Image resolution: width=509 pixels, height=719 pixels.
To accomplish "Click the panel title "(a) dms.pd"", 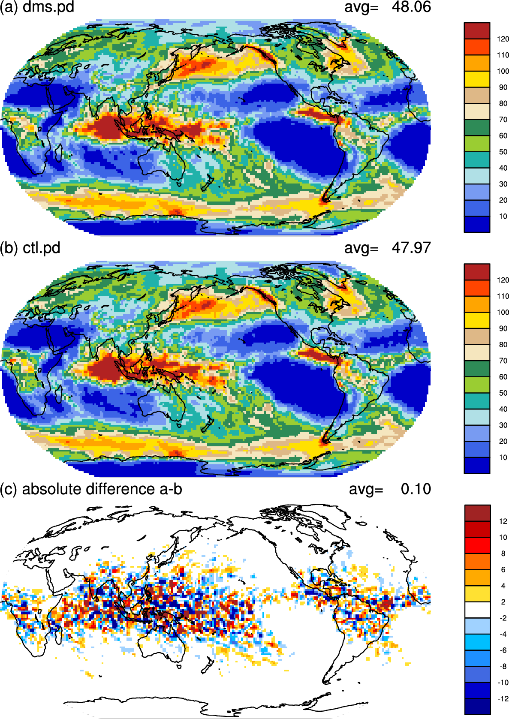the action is coord(37,7).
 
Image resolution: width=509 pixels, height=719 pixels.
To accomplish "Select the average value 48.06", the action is coord(411,7).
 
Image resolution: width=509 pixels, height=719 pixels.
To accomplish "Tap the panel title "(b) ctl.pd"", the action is coord(30,248).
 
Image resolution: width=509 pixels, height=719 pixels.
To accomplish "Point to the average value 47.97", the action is coord(411,248).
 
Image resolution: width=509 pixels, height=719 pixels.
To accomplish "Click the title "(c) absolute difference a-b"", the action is coord(91,489).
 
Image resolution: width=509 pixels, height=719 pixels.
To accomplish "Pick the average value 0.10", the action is coord(416,489).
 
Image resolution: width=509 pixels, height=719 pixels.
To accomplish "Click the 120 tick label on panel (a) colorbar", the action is coord(503,39).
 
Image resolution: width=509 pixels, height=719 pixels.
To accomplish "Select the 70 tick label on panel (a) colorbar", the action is coord(503,120).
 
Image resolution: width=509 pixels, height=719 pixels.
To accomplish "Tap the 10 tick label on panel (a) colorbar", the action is coord(503,217).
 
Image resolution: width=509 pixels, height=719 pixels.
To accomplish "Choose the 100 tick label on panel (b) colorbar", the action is coord(503,312).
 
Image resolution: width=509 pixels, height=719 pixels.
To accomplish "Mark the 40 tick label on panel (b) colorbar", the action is coord(503,409).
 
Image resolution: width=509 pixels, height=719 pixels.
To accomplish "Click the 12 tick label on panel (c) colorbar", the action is coord(503,521).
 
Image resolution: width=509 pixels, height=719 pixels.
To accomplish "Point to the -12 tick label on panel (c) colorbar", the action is coord(502,698).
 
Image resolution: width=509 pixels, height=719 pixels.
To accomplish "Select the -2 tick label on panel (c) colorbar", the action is coord(503,618).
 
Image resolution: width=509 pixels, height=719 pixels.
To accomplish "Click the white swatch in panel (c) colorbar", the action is coord(478,610).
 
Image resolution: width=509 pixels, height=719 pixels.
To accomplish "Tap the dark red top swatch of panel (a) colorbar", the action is coord(477,31).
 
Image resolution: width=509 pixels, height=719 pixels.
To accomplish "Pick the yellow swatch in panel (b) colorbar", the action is coord(477,320).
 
